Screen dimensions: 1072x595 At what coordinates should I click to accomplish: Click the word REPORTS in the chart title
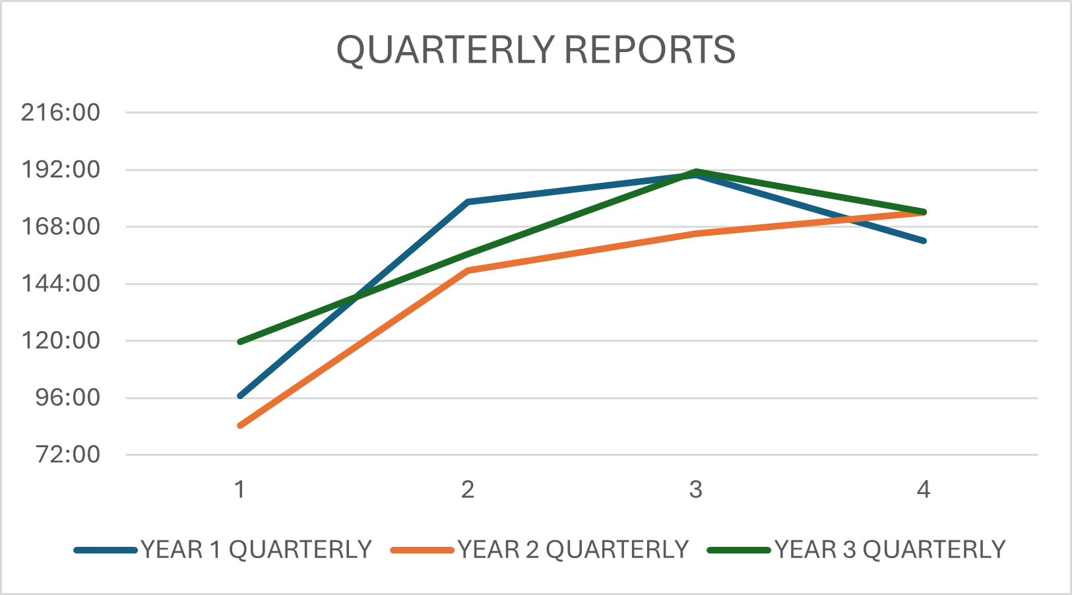650,49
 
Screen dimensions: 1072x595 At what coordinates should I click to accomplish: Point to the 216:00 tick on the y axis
61,113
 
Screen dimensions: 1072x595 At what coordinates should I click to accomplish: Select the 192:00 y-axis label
61,170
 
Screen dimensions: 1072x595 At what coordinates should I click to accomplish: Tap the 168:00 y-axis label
61,227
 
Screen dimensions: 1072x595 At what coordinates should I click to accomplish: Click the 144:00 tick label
61,284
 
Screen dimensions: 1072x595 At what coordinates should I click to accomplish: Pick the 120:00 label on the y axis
61,341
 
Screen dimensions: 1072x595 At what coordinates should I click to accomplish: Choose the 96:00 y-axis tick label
67,398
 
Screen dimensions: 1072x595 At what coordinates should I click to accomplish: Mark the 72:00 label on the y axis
67,454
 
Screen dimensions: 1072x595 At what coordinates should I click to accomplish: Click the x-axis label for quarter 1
239,489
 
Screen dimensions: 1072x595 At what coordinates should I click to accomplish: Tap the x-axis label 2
468,489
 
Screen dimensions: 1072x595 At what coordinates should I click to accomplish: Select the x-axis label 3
696,489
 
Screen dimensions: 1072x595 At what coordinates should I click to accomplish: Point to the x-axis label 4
924,489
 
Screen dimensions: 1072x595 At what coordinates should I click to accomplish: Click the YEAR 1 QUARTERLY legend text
256,549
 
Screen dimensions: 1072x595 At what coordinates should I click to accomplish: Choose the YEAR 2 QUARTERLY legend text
573,549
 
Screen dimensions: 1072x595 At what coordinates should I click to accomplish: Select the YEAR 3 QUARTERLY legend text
890,549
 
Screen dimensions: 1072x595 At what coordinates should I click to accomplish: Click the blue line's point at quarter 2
468,202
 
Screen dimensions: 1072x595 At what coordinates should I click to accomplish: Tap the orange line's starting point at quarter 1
239,425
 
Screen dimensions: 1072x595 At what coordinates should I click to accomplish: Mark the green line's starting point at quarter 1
239,342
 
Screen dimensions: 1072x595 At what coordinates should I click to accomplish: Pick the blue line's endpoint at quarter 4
924,241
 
